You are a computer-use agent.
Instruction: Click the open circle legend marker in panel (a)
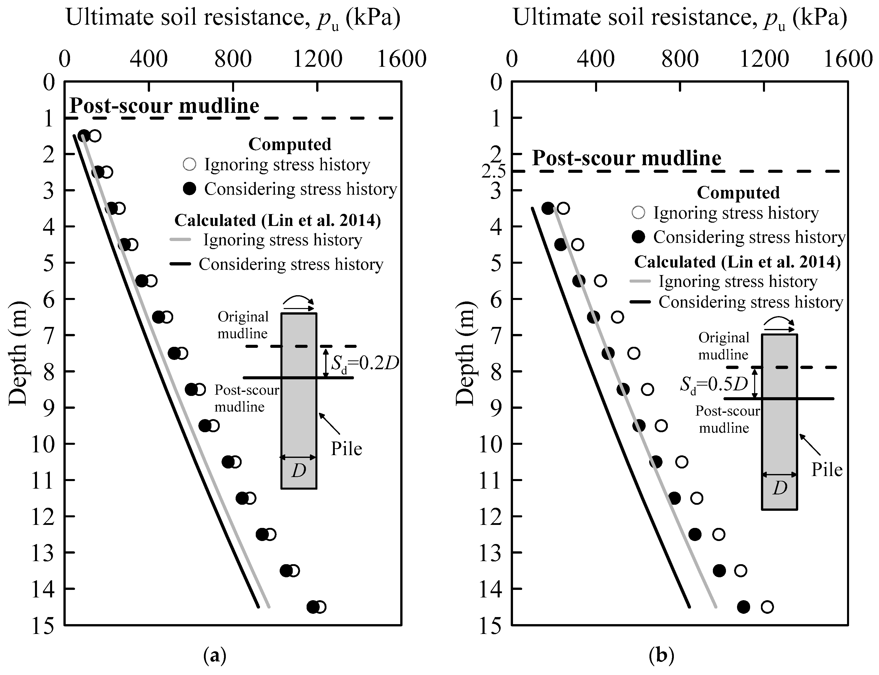pyautogui.click(x=189, y=164)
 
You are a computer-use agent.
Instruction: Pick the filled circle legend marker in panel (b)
pyautogui.click(x=638, y=237)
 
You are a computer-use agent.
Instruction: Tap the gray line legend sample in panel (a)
pyautogui.click(x=179, y=240)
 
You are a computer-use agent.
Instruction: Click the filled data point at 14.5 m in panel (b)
pyautogui.click(x=743, y=607)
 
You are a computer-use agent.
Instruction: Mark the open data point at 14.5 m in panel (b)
pyautogui.click(x=767, y=607)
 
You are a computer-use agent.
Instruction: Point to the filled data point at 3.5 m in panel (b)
pyautogui.click(x=548, y=208)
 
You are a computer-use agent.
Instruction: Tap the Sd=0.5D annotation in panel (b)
pyautogui.click(x=714, y=385)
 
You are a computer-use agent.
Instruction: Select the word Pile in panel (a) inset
pyautogui.click(x=346, y=449)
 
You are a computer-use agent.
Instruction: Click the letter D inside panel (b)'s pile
pyautogui.click(x=780, y=488)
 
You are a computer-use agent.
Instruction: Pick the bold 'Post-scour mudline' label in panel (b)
pyautogui.click(x=627, y=158)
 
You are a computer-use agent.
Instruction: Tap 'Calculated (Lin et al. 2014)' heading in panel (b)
pyautogui.click(x=737, y=262)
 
